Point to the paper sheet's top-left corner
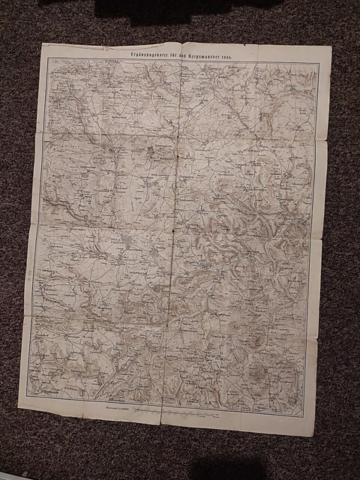point(42,43)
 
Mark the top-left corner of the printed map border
point(49,58)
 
